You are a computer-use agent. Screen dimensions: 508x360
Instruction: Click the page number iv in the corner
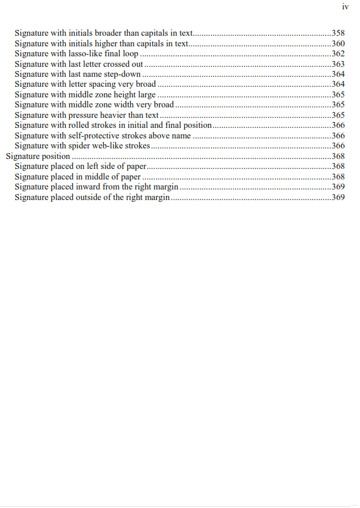click(345, 7)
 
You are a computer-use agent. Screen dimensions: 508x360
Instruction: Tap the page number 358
click(338, 33)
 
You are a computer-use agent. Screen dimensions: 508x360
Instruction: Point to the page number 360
click(338, 43)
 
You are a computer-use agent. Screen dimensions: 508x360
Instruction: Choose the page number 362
click(338, 53)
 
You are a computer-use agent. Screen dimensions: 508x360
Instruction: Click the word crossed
click(116, 64)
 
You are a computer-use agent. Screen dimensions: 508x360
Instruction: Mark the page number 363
click(338, 64)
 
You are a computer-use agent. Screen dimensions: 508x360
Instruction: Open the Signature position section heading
click(38, 156)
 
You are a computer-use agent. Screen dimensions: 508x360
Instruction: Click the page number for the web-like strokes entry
click(338, 145)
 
